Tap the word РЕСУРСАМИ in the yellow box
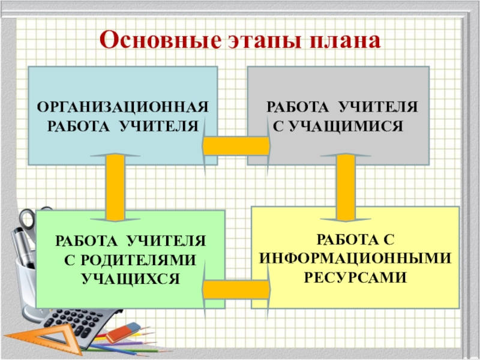[355, 278]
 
